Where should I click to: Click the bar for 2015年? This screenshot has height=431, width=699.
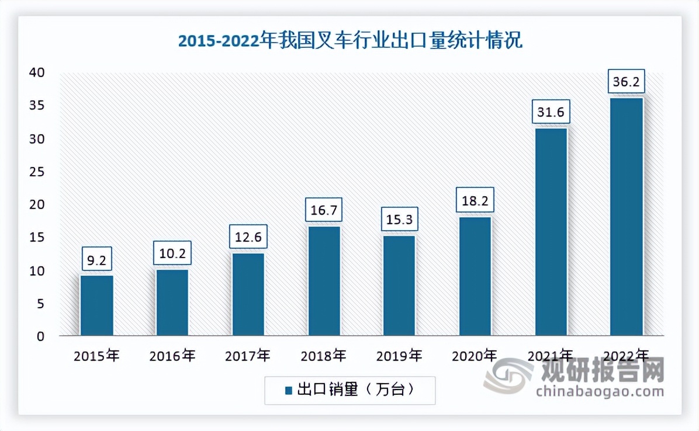coord(96,305)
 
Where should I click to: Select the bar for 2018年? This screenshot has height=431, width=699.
coord(324,281)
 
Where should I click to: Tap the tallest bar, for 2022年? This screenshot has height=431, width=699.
coord(626,217)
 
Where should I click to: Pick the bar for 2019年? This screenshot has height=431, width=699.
coord(399,286)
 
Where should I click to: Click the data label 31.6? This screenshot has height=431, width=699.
coord(551,112)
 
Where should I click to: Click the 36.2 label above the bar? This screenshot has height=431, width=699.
coord(626,82)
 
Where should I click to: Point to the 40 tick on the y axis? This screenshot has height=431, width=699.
coord(38,73)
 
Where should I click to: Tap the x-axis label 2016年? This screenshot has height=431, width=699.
coord(172,355)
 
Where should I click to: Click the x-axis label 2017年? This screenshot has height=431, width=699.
coord(248,355)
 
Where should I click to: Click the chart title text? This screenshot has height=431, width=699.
coord(349,42)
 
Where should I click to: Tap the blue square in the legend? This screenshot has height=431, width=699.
coord(288,391)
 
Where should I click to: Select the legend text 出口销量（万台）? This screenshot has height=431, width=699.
coord(357,390)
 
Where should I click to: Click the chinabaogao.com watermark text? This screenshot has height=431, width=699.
coord(600,391)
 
